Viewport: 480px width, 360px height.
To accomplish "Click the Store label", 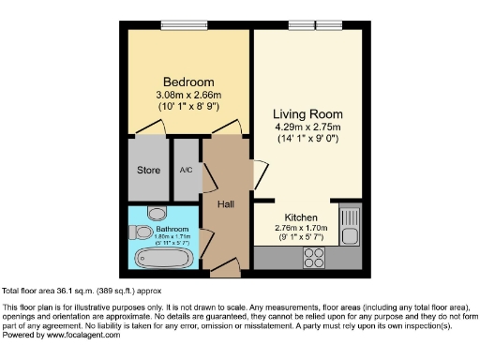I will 148,171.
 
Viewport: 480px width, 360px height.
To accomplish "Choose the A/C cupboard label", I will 186,171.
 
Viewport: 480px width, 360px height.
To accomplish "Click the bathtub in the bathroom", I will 164,257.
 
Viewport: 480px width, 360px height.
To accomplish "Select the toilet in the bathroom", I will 156,212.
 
